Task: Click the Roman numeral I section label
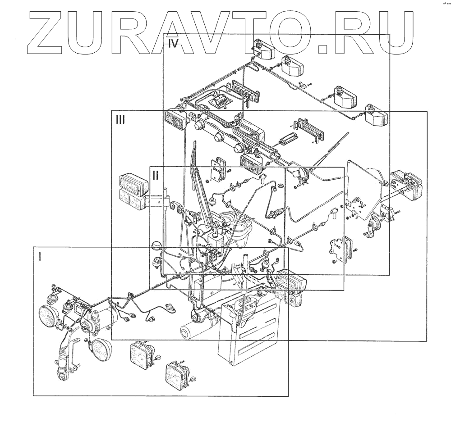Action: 40,257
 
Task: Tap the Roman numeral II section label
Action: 155,175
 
